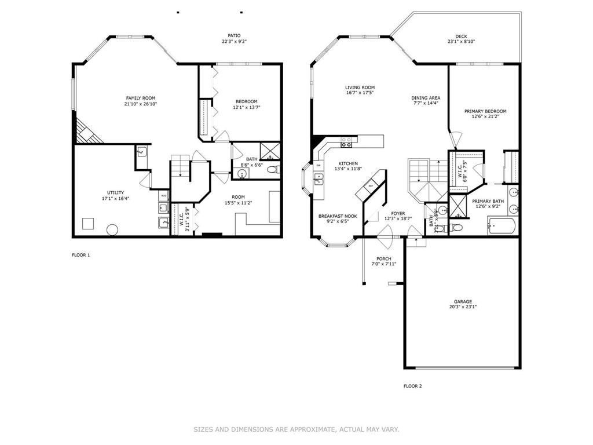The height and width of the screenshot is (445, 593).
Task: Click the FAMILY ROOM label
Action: [x=141, y=98]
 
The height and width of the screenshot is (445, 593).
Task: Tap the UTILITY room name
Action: [x=115, y=192]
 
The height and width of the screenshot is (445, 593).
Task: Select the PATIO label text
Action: [x=234, y=35]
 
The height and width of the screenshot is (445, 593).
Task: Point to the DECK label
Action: [x=460, y=36]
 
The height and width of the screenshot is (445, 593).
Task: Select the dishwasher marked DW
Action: [x=319, y=166]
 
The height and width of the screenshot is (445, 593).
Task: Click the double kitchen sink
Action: [x=319, y=179]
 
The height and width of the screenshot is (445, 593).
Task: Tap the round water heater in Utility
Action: [x=112, y=230]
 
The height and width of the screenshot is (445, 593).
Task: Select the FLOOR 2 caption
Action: [x=412, y=386]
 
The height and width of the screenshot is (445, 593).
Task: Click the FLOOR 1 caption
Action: [x=80, y=255]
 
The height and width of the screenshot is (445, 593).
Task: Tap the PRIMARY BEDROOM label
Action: [x=485, y=111]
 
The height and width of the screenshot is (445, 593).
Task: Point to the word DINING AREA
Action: [x=426, y=98]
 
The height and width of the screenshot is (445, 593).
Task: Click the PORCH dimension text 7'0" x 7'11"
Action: [x=383, y=264]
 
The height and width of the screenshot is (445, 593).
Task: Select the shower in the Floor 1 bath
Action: [x=269, y=151]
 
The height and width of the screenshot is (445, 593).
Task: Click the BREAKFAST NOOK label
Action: [x=338, y=216]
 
